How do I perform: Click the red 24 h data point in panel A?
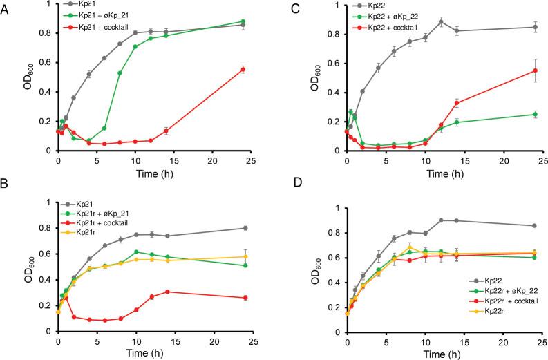click(243, 69)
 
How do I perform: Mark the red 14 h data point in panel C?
click(456, 103)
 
